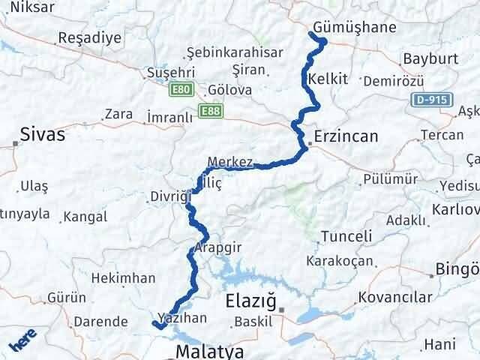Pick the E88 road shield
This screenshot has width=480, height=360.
tap(210, 111)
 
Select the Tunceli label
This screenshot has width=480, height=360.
tap(346, 236)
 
